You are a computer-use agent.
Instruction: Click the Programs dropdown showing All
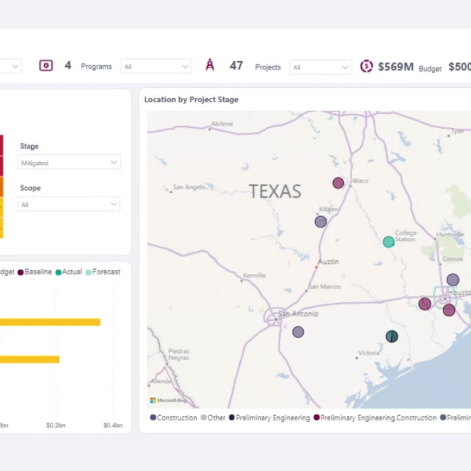tap(156, 67)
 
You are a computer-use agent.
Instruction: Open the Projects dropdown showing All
tap(320, 67)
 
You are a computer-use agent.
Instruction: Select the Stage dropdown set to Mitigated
tap(69, 162)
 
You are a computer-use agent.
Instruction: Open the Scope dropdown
tap(69, 204)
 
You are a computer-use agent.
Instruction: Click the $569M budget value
tap(396, 67)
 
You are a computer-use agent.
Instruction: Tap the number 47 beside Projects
tap(236, 66)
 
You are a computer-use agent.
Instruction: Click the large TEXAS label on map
tap(275, 191)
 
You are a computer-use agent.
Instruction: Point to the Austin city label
tap(328, 262)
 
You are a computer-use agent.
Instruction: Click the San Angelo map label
tap(189, 187)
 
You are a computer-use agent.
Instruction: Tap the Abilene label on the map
tap(222, 124)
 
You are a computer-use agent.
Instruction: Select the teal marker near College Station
tap(389, 241)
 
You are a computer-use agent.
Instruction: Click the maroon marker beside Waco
tap(338, 183)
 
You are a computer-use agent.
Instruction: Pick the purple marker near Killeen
tap(320, 222)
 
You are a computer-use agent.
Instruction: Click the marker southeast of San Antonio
tap(298, 332)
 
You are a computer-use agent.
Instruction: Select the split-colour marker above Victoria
tap(392, 336)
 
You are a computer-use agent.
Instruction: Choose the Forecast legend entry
tap(106, 272)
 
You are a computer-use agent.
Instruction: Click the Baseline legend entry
tap(38, 272)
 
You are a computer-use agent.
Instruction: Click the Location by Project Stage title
tap(191, 99)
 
